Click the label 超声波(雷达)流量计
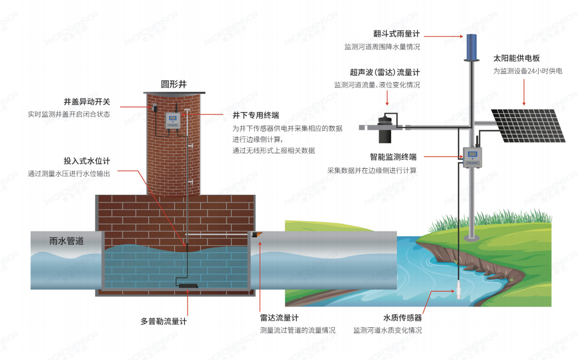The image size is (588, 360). pyautogui.click(x=385, y=72)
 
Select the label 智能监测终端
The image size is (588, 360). pyautogui.click(x=393, y=158)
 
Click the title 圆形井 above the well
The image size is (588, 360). pyautogui.click(x=174, y=85)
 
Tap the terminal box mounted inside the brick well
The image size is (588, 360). pyautogui.click(x=174, y=122)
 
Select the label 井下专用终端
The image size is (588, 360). pyautogui.click(x=255, y=115)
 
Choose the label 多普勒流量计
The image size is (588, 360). pyautogui.click(x=164, y=322)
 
